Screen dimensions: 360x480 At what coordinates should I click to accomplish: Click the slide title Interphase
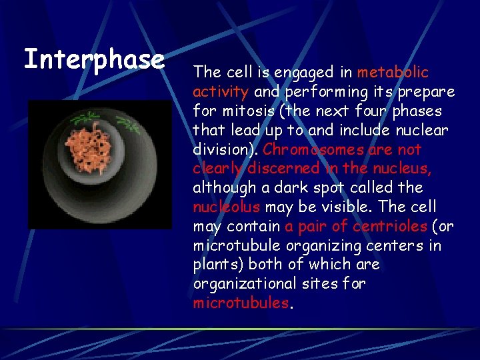[94, 59]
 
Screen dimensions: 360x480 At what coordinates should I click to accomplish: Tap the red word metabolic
[393, 71]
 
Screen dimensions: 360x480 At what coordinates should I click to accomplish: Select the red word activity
[220, 91]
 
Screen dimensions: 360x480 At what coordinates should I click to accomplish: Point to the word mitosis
[243, 110]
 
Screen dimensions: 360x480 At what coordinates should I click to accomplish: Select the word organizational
[243, 284]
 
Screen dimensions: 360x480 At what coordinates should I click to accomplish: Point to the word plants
[213, 265]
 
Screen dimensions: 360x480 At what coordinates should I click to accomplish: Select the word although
[222, 187]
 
